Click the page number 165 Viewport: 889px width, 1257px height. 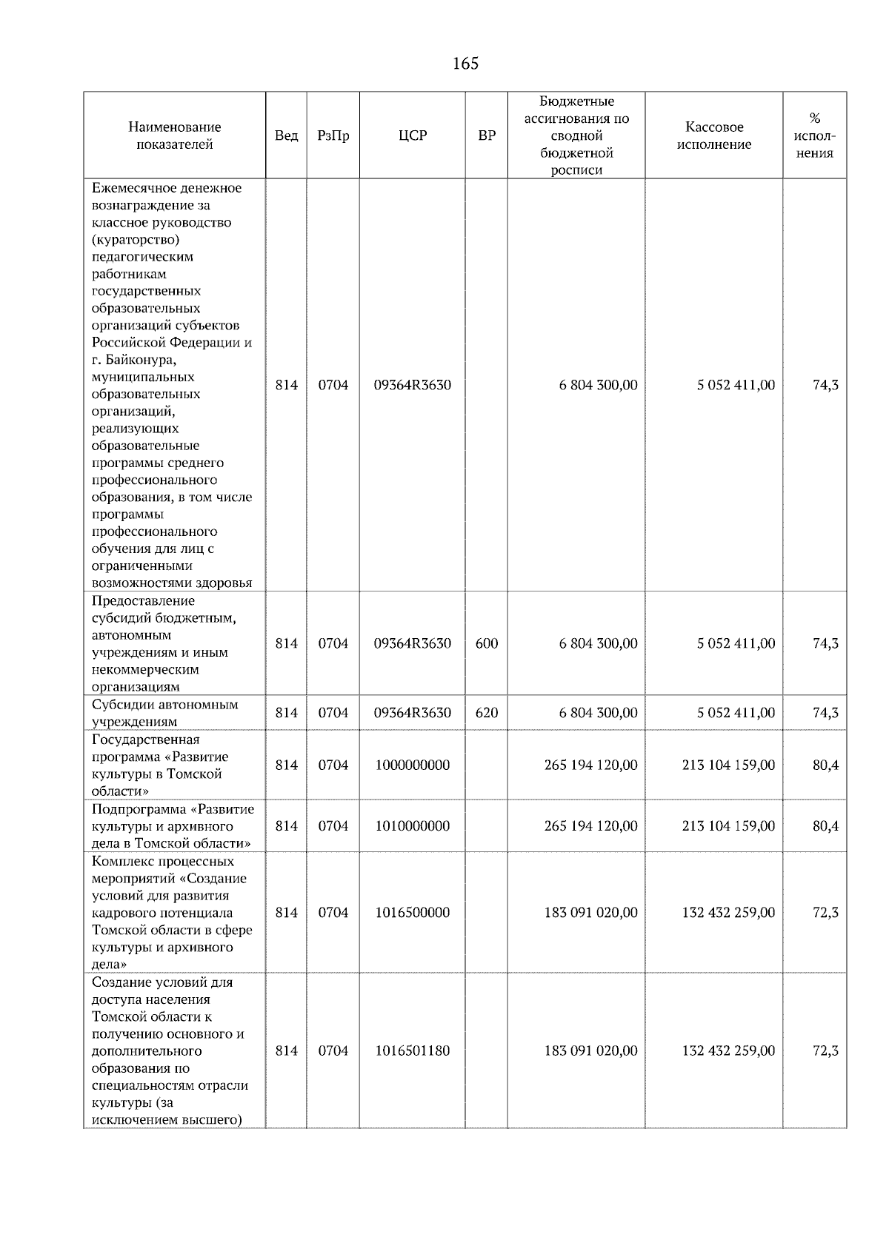465,64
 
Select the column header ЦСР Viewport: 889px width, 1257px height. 413,135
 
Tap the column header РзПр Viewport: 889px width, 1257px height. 333,135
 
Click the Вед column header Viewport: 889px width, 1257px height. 286,135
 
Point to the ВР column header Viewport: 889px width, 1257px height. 487,135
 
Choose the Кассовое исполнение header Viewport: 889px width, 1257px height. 713,135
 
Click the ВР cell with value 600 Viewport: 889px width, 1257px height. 487,643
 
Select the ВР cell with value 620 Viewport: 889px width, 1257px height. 487,713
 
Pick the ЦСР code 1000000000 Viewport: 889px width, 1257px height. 413,765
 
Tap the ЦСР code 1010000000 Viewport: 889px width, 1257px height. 413,825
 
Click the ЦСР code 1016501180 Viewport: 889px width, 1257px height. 413,1050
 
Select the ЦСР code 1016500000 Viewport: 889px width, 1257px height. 413,912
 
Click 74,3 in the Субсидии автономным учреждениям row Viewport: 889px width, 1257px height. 825,713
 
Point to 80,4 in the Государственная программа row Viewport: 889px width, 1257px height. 825,765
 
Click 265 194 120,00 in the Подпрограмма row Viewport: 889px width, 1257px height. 590,825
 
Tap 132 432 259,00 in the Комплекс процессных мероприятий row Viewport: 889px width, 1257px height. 728,912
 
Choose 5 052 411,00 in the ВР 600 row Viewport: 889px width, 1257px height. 736,643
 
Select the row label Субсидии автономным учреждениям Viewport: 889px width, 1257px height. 164,713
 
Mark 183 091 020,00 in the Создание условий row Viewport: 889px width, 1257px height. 590,1050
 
